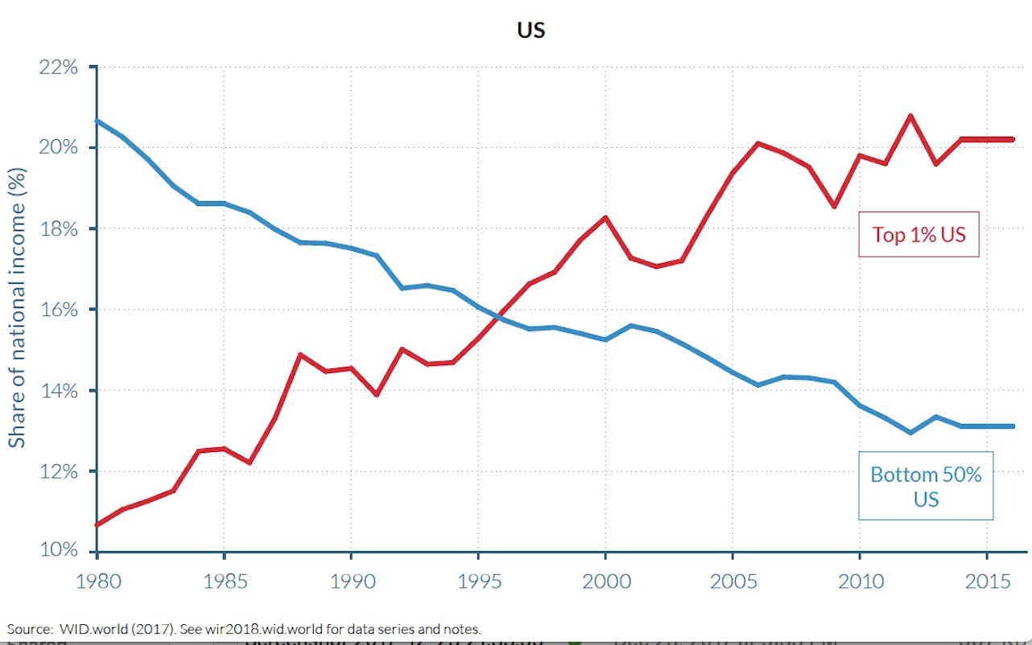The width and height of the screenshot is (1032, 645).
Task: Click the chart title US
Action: (x=531, y=31)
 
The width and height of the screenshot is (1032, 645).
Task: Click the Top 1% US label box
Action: (x=918, y=234)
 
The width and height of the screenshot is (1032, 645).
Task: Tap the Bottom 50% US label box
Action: (x=926, y=486)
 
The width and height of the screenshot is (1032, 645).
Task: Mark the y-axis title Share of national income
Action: (x=18, y=307)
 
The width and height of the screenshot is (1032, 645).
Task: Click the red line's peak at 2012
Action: (x=910, y=116)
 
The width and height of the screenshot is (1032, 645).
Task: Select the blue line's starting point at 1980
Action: (x=97, y=121)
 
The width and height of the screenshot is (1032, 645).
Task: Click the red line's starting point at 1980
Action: (x=97, y=524)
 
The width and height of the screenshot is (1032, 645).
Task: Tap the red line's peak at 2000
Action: (x=605, y=217)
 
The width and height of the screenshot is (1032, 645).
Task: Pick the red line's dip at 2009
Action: (x=835, y=207)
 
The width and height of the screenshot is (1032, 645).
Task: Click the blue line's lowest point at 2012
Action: (x=910, y=433)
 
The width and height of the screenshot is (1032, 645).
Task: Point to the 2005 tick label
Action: (x=733, y=581)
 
